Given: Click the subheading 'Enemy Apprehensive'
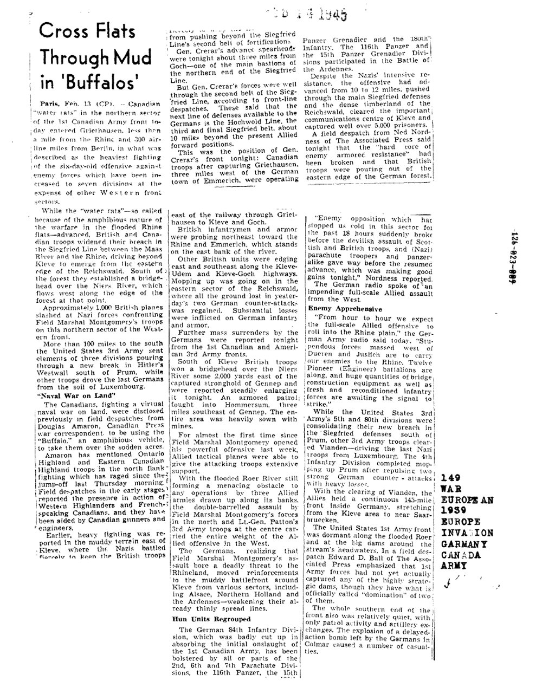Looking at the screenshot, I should coord(339,308).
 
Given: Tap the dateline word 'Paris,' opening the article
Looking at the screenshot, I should coord(53,103).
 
